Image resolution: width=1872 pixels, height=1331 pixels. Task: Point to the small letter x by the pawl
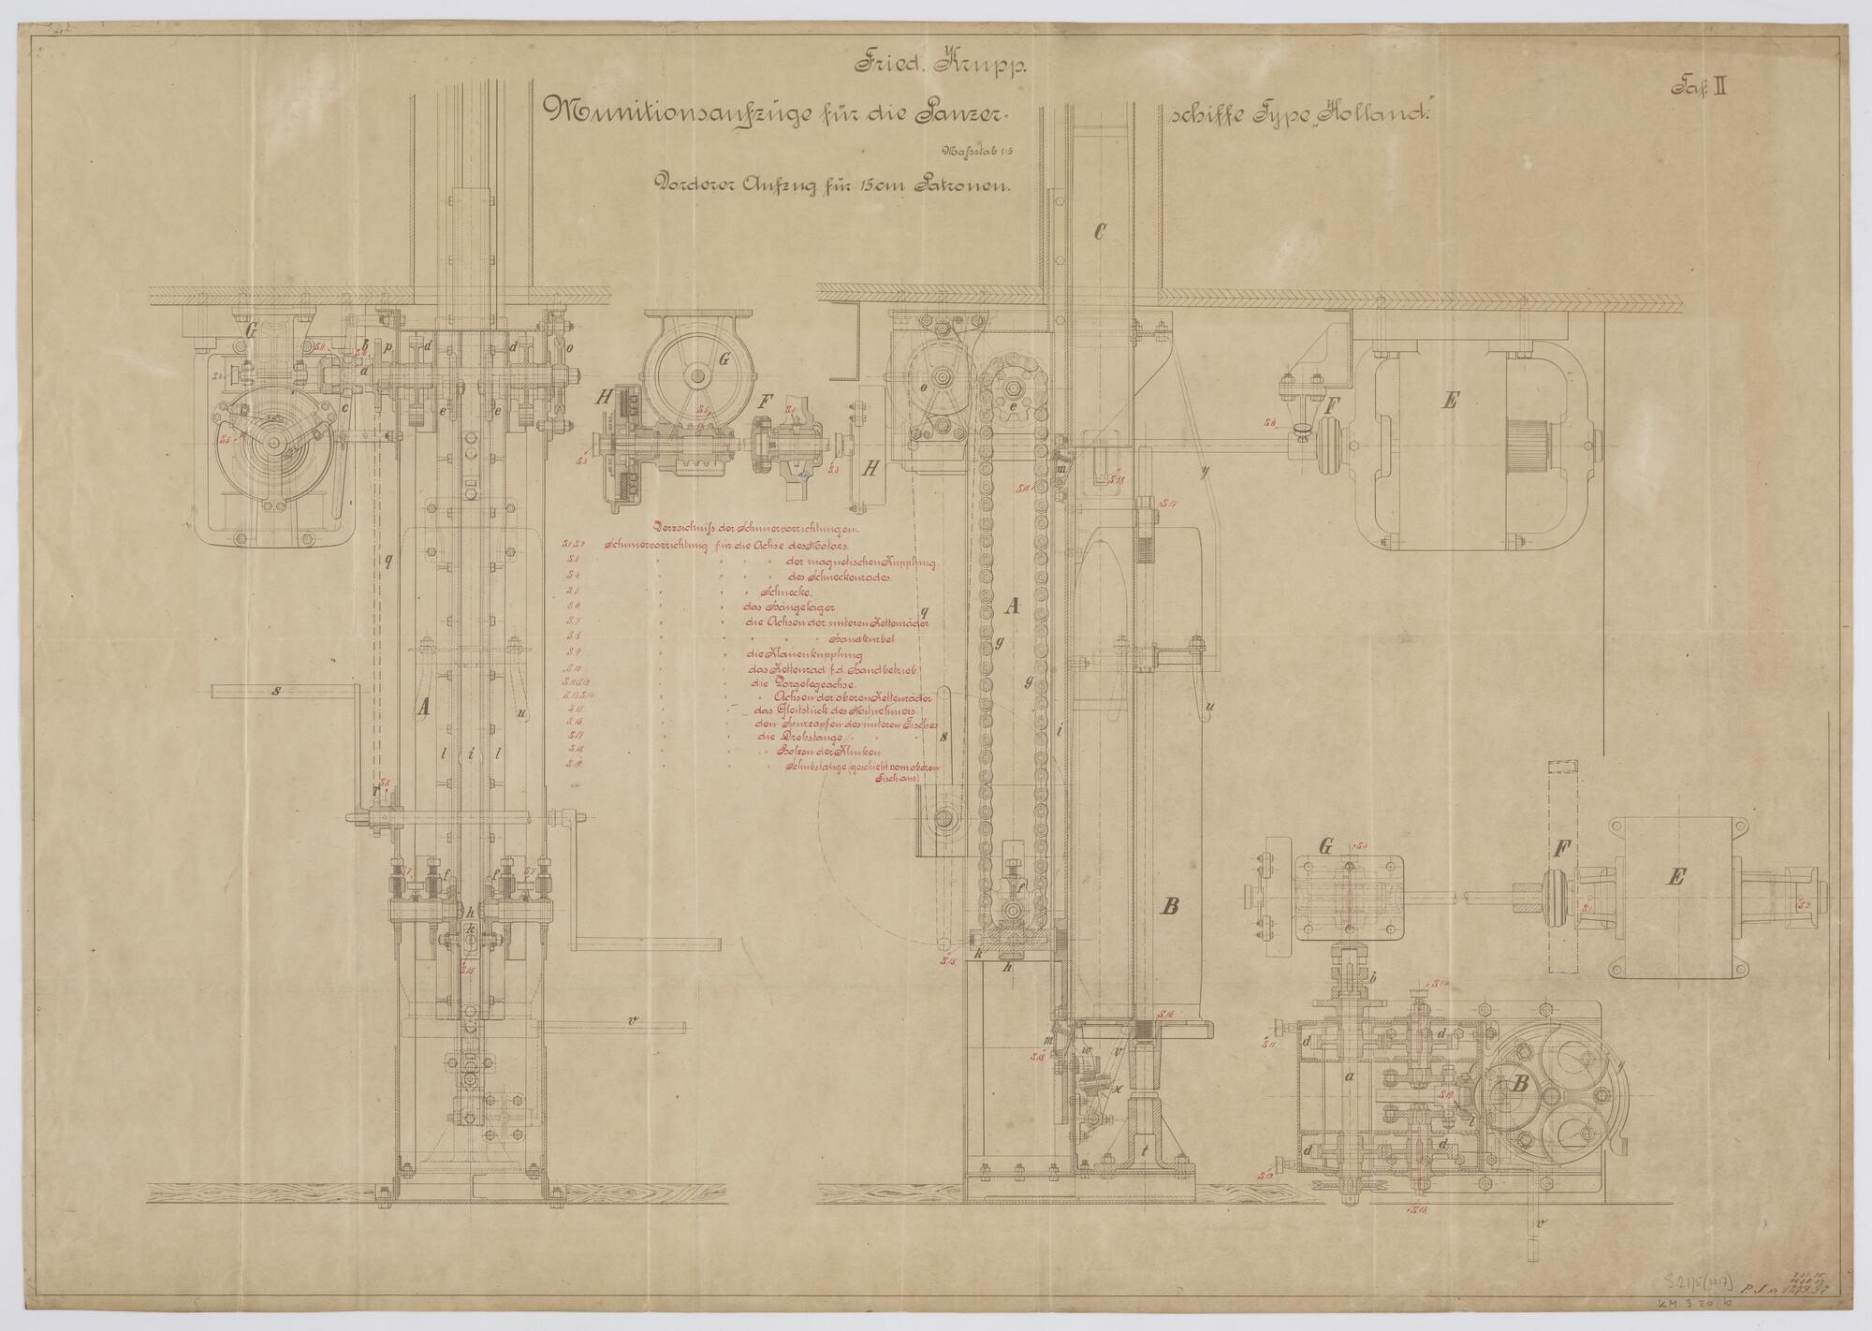(1110, 1090)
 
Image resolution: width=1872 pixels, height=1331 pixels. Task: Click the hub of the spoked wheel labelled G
(697, 376)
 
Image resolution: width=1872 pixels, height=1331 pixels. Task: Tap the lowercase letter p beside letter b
(386, 345)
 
